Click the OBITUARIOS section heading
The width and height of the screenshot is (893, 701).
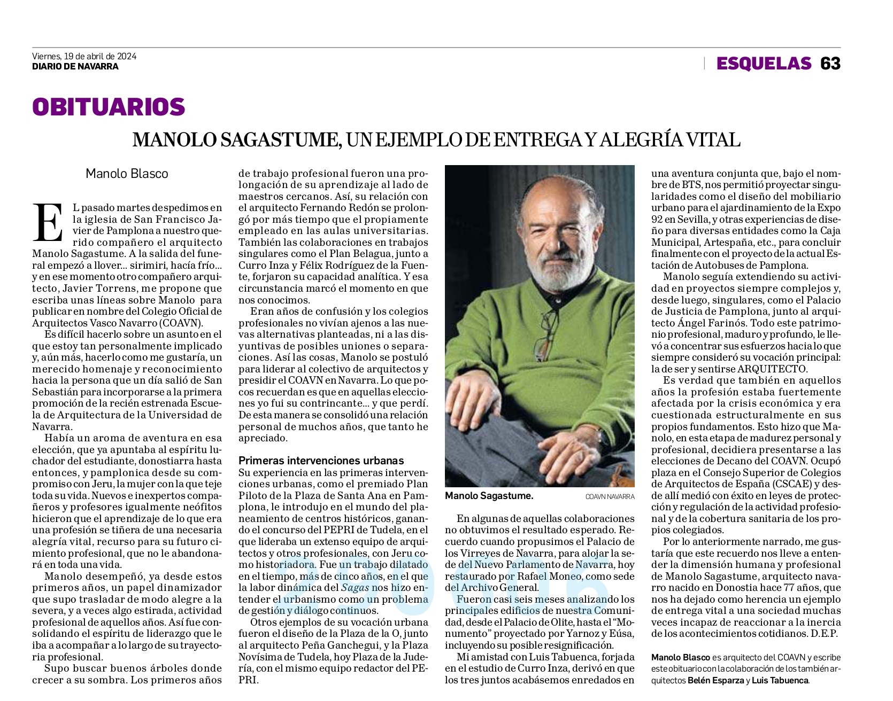click(x=109, y=107)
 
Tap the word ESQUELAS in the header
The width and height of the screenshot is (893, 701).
click(x=764, y=64)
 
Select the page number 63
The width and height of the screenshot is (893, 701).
click(x=830, y=64)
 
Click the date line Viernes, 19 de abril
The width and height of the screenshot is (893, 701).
click(x=84, y=56)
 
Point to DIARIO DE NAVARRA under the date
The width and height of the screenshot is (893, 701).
click(x=75, y=67)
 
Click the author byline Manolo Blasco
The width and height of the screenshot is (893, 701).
click(x=127, y=174)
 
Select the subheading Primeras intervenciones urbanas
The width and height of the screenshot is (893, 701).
click(x=321, y=461)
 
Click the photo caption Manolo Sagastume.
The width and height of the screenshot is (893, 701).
click(x=489, y=496)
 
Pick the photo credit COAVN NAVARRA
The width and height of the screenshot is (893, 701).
click(x=610, y=496)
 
